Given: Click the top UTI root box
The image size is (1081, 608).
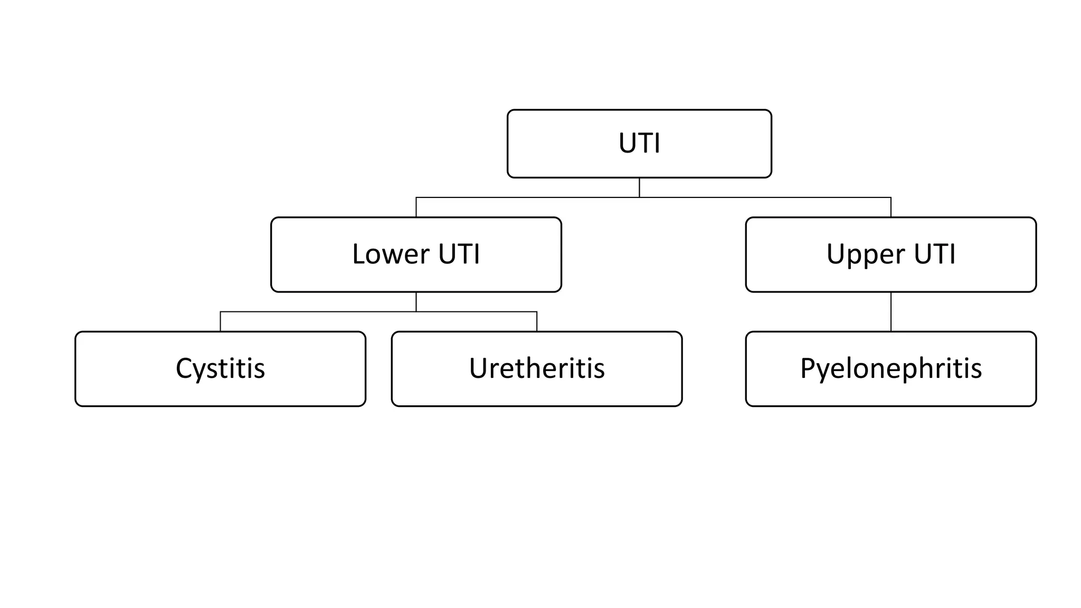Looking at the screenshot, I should click(x=639, y=144).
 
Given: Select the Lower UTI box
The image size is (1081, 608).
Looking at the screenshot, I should click(x=416, y=254).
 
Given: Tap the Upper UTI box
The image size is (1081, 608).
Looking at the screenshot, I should click(x=890, y=254).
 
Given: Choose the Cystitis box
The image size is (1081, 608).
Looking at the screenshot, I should click(x=220, y=368).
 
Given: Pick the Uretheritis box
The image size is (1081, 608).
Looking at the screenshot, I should click(x=536, y=368).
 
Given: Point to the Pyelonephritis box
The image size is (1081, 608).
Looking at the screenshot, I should click(x=890, y=368).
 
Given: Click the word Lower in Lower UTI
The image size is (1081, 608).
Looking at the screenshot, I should click(x=391, y=254).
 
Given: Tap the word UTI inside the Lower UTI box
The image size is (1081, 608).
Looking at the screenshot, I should click(x=459, y=254).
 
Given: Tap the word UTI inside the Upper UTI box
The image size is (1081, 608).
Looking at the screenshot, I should click(x=934, y=254).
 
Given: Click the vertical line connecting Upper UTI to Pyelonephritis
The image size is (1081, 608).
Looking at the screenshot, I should click(x=891, y=311).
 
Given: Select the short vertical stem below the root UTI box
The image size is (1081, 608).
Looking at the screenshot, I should click(x=639, y=187).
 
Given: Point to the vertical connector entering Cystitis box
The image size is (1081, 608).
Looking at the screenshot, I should click(x=221, y=321).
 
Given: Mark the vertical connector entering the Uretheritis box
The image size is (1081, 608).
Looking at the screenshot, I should click(x=537, y=321).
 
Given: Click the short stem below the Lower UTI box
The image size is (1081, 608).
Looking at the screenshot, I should click(x=416, y=302).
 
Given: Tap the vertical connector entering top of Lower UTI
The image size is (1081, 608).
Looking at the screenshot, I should click(x=416, y=207).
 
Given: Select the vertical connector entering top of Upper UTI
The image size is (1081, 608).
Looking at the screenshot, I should click(x=891, y=207).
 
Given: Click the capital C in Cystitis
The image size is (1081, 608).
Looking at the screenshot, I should click(x=185, y=368).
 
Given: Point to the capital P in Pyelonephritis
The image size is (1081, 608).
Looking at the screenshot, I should click(x=808, y=368).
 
